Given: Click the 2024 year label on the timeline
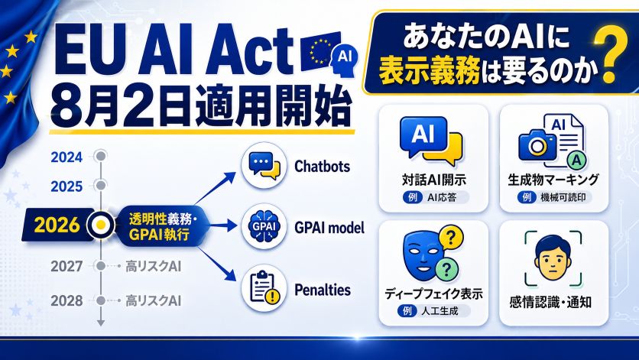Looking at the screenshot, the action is (x=66, y=157).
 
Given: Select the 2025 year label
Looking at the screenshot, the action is (x=66, y=186).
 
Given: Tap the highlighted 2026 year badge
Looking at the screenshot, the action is (x=57, y=225).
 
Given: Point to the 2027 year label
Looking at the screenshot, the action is (x=66, y=266).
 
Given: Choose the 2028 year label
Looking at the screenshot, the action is (x=66, y=301).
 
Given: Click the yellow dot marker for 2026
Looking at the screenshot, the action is (x=101, y=225).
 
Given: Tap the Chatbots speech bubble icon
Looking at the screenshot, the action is (x=264, y=166).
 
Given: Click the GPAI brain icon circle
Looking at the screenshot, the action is (x=264, y=226).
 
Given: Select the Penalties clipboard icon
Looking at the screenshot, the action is (x=264, y=288).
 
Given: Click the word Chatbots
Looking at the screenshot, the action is (x=322, y=167).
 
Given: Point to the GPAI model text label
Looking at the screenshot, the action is (x=329, y=228).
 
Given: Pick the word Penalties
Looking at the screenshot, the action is (x=323, y=290).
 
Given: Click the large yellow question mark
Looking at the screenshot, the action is (x=610, y=54).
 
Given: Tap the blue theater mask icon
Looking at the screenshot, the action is (x=423, y=254).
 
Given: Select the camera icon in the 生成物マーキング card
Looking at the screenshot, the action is (x=537, y=144).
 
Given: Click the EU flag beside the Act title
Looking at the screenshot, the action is (x=320, y=51).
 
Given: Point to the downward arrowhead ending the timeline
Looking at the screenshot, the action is (x=101, y=323).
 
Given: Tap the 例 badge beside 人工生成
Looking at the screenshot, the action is (x=407, y=311).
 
